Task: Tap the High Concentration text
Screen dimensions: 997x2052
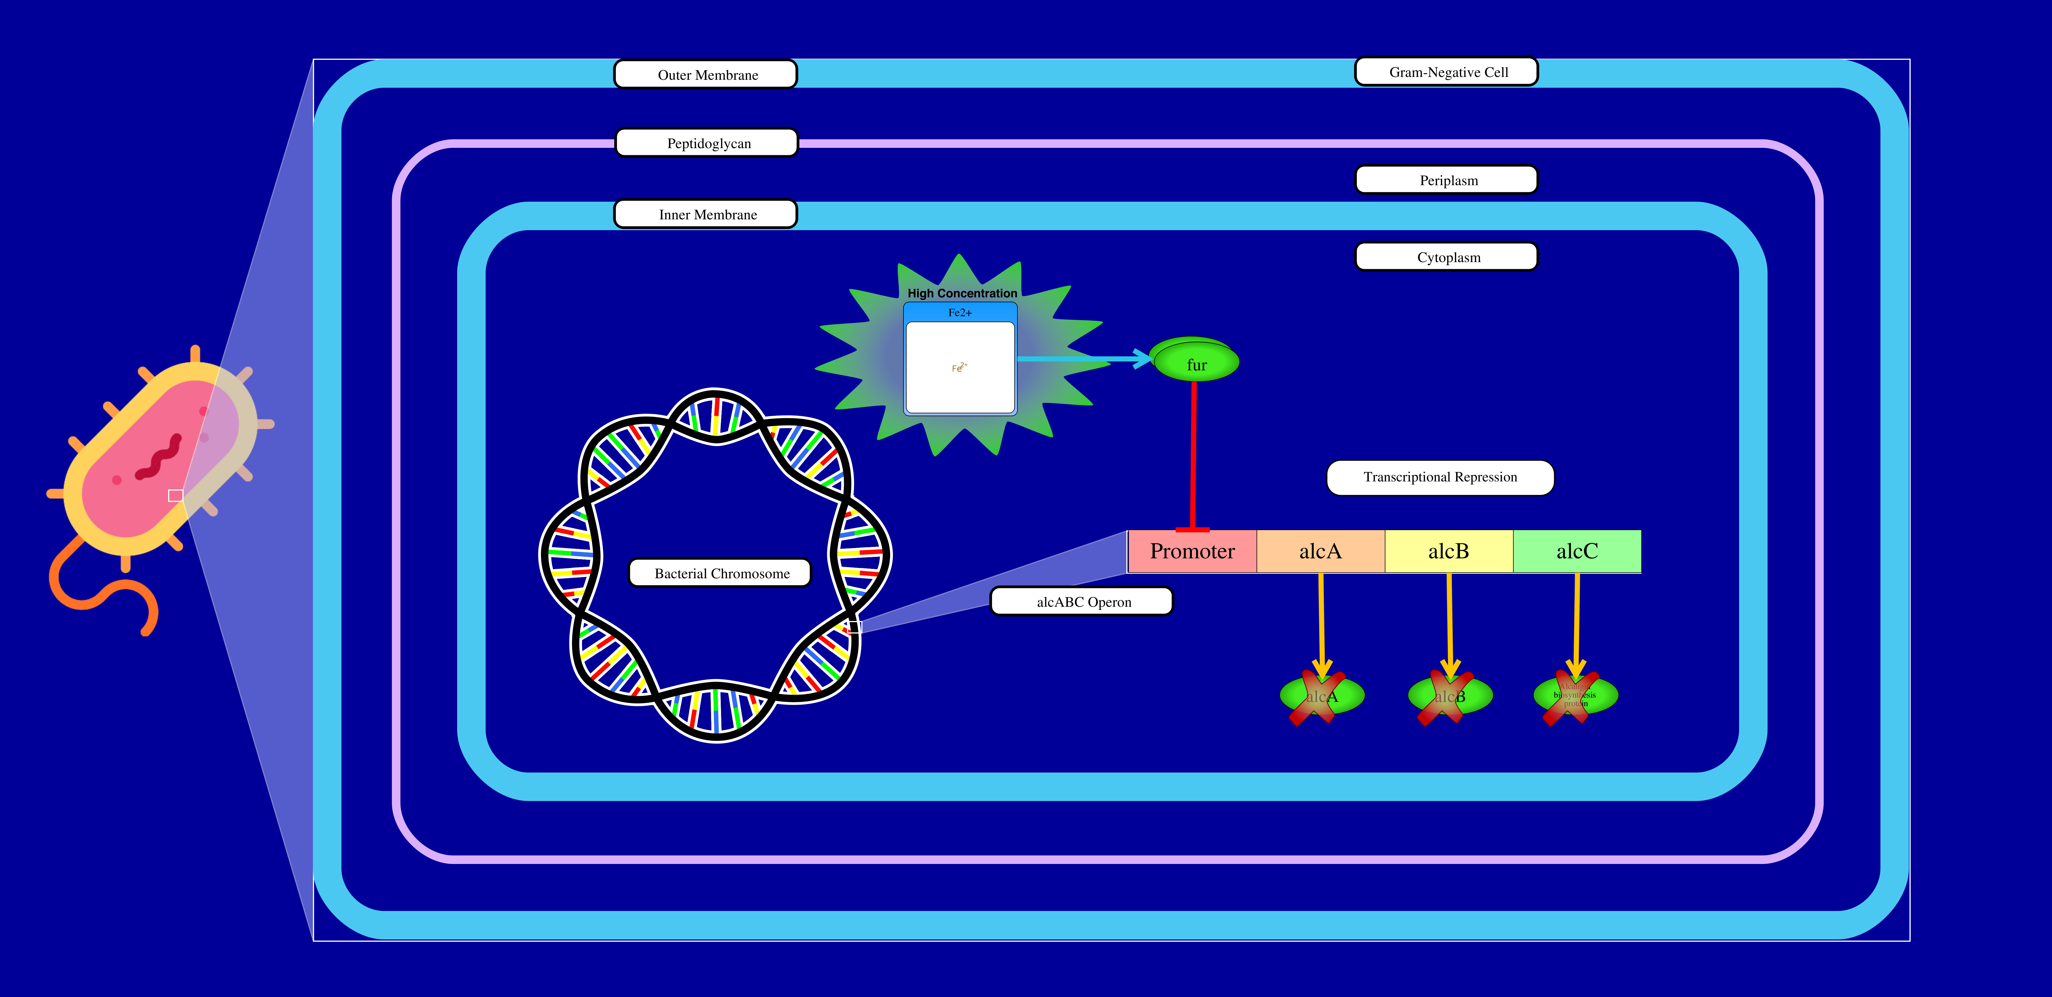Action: pyautogui.click(x=962, y=293)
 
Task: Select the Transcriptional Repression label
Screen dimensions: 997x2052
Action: pyautogui.click(x=1440, y=477)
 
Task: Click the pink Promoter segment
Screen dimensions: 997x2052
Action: pyautogui.click(x=1192, y=551)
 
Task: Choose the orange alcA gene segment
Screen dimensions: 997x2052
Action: pyautogui.click(x=1320, y=551)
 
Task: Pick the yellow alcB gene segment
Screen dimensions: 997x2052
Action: pyautogui.click(x=1448, y=551)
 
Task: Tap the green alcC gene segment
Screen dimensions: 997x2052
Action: pyautogui.click(x=1576, y=551)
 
